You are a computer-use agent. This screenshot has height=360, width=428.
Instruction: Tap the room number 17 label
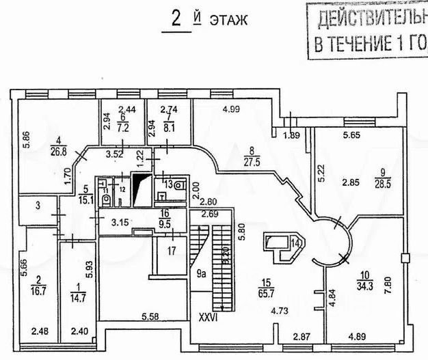(x=172, y=251)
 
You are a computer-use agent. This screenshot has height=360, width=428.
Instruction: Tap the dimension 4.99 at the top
(x=234, y=108)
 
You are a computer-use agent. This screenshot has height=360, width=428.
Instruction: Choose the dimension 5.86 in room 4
(x=25, y=145)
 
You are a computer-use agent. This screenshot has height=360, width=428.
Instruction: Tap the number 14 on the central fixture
(x=296, y=243)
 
